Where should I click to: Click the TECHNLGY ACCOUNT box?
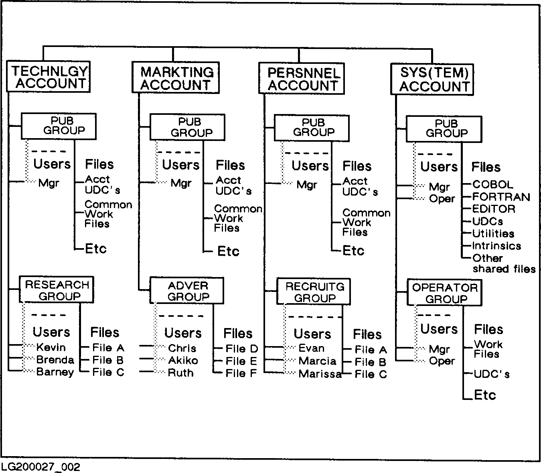pyautogui.click(x=48, y=77)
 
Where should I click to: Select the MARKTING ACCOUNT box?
pyautogui.click(x=176, y=78)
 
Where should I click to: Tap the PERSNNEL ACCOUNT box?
pyautogui.click(x=302, y=79)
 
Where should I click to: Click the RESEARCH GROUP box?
pyautogui.click(x=57, y=290)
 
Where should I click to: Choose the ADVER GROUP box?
pyautogui.click(x=187, y=291)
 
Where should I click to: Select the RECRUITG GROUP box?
pyautogui.click(x=314, y=292)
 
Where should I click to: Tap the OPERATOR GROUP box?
pyautogui.click(x=444, y=293)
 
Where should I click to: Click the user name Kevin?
pyautogui.click(x=51, y=347)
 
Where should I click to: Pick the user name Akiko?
pyautogui.click(x=183, y=360)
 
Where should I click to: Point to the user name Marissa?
pyautogui.click(x=320, y=374)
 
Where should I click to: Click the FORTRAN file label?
pyautogui.click(x=501, y=197)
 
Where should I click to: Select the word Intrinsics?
pyautogui.click(x=496, y=246)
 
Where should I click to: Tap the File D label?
pyautogui.click(x=241, y=349)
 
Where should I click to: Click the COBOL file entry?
pyautogui.click(x=492, y=184)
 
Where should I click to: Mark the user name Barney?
pyautogui.click(x=55, y=372)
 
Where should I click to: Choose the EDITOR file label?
pyautogui.click(x=493, y=209)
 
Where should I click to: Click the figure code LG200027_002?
pyautogui.click(x=41, y=467)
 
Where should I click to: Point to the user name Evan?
pyautogui.click(x=312, y=348)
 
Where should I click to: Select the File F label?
pyautogui.click(x=241, y=373)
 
